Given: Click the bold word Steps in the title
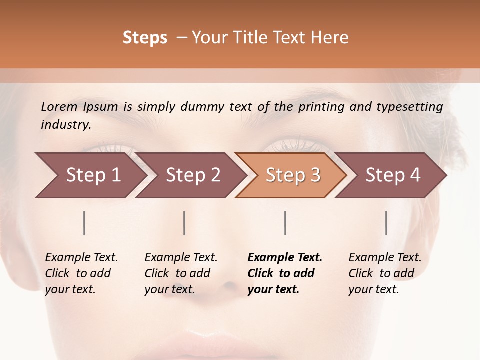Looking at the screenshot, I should tap(145, 38).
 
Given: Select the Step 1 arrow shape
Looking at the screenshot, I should tap(90, 175).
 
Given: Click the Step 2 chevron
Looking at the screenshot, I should tap(193, 175).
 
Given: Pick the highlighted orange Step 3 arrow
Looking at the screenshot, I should tap(293, 175).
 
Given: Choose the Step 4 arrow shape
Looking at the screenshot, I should tap(393, 175).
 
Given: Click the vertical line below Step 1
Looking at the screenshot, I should tap(84, 223).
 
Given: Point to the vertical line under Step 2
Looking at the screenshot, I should tap(184, 223).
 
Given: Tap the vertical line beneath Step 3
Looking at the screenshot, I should tap(285, 223).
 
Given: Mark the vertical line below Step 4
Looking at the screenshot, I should tap(386, 223).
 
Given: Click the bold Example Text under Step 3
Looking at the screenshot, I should tap(285, 273).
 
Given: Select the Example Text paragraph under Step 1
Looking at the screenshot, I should tap(81, 273).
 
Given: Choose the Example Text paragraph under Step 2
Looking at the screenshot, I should tap(181, 273).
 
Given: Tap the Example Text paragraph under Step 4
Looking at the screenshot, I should tap(385, 273).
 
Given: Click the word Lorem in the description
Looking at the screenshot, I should tap(59, 106).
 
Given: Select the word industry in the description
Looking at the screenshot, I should tap(65, 124).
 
